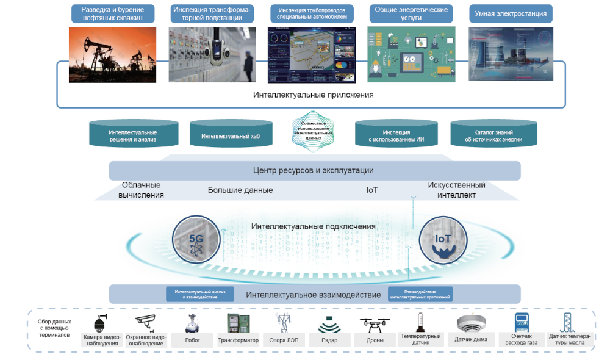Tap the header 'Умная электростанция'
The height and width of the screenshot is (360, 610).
click(x=511, y=13)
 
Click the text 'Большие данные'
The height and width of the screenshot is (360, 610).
click(x=240, y=190)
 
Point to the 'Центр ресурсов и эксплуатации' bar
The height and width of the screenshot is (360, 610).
click(x=314, y=170)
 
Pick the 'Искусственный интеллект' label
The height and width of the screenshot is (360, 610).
click(x=456, y=190)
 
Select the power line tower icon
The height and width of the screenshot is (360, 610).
click(x=282, y=323)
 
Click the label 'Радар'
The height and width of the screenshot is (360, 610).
click(x=329, y=340)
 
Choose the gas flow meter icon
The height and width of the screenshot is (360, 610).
click(x=522, y=323)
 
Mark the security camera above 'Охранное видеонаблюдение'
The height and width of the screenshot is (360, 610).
click(x=146, y=322)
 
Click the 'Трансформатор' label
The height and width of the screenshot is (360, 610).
click(x=239, y=340)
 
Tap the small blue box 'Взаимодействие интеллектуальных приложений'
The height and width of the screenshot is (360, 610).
click(x=420, y=294)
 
